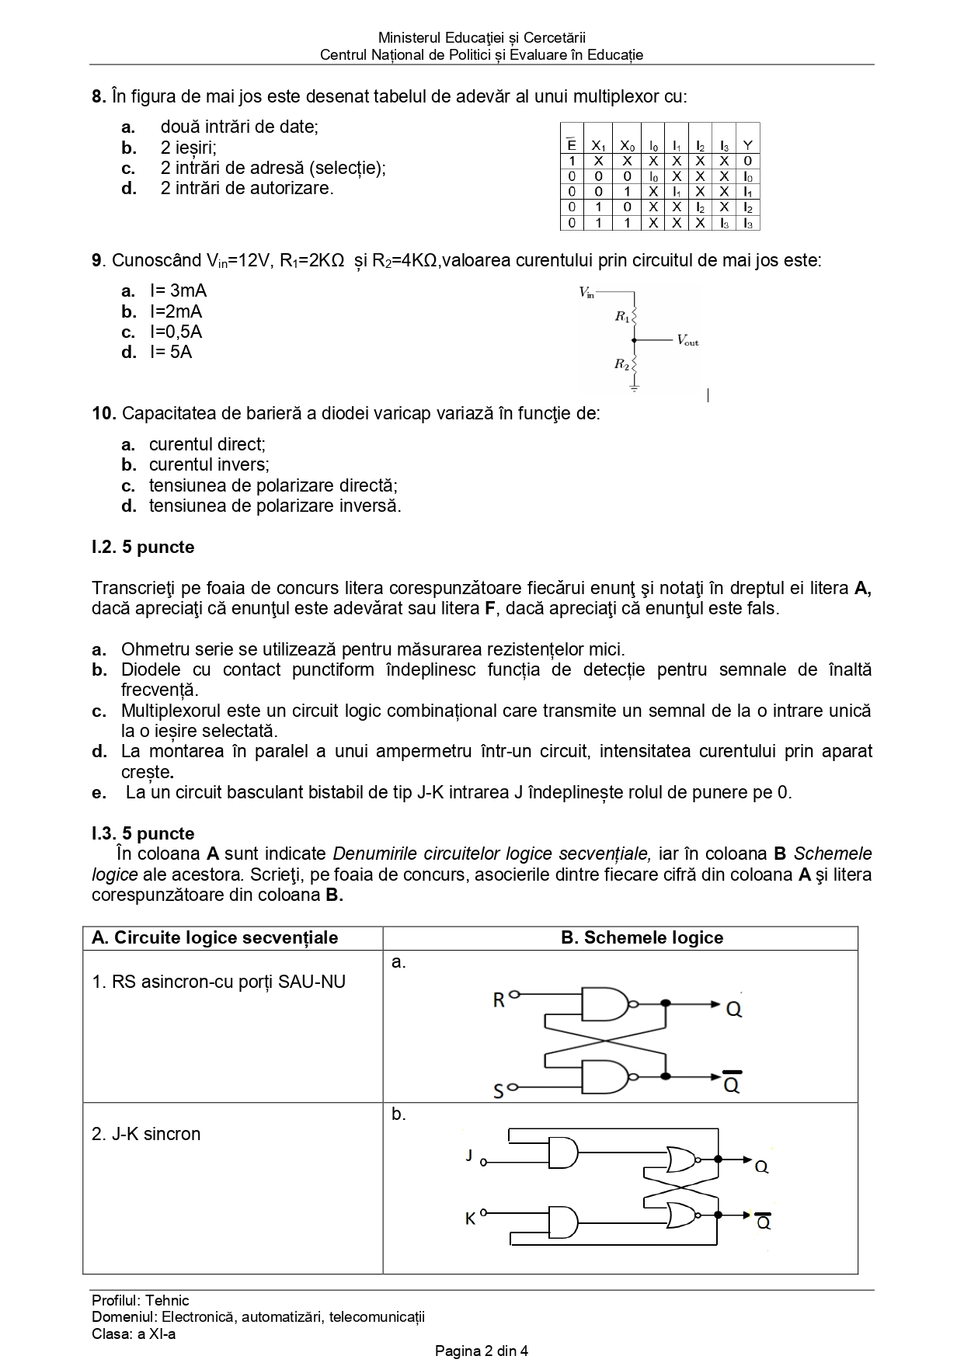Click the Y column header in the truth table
click(x=747, y=145)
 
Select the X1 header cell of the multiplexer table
click(x=598, y=145)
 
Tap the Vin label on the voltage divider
click(x=586, y=293)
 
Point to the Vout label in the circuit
click(x=687, y=340)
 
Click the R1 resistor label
click(x=621, y=316)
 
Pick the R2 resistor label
click(x=621, y=363)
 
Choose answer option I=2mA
click(x=176, y=311)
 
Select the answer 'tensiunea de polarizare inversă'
click(x=275, y=506)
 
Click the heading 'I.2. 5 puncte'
click(x=143, y=547)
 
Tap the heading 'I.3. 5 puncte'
click(x=143, y=833)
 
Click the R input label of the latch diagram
click(x=499, y=1000)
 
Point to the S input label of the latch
click(x=499, y=1092)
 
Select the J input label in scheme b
click(x=469, y=1156)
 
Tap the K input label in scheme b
click(x=470, y=1219)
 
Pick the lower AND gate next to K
click(x=563, y=1222)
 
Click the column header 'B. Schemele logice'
click(x=642, y=937)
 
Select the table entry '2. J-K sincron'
click(x=146, y=1134)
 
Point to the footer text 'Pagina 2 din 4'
click(x=482, y=1351)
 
